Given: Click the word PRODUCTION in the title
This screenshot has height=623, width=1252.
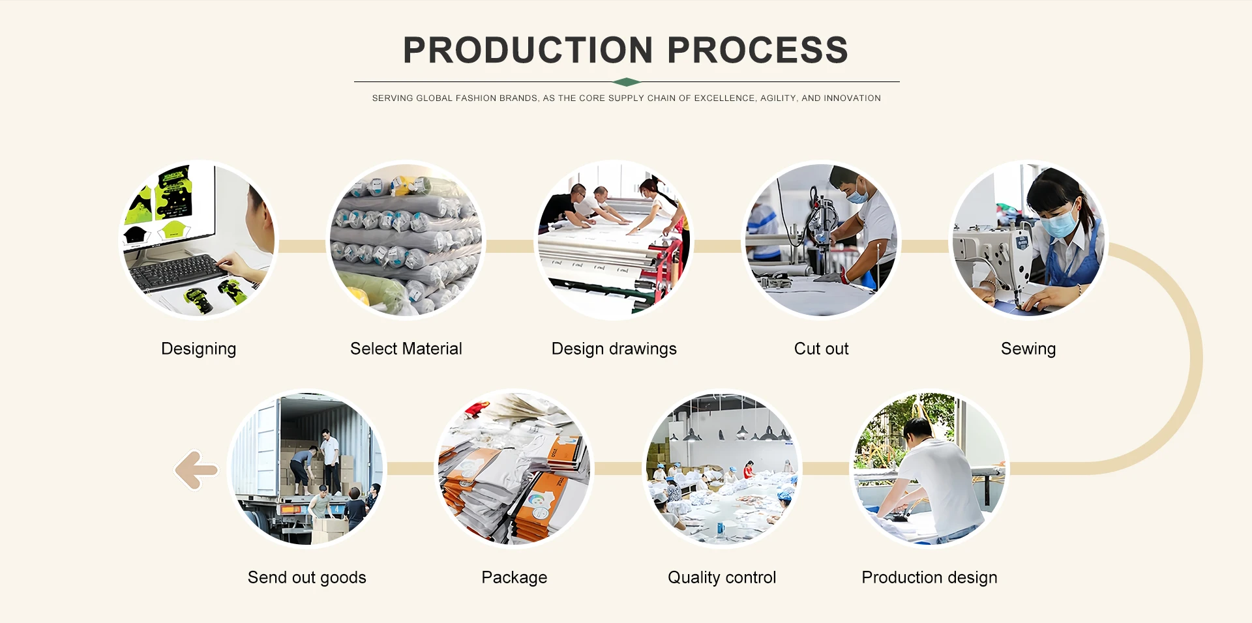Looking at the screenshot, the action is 528,50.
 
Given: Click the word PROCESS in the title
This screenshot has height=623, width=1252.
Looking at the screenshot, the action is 758,50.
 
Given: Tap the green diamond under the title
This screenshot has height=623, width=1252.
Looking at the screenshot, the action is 627,82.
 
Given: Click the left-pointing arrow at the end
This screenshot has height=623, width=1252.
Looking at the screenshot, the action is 196,470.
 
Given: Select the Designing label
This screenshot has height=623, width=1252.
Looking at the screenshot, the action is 199,349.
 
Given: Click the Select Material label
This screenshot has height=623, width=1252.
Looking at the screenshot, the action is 406,349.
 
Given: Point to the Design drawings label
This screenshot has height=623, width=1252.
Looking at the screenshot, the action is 614,349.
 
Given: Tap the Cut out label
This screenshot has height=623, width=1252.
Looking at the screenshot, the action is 822,349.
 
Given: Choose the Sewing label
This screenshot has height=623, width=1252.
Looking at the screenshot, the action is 1028,349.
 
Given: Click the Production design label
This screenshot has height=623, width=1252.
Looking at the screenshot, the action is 929,578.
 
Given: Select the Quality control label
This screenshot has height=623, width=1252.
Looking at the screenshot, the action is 722,578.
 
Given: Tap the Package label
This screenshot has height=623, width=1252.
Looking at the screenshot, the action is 514,578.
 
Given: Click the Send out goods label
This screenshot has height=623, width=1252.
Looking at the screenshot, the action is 307,578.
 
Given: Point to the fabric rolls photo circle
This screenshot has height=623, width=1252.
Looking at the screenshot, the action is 406,240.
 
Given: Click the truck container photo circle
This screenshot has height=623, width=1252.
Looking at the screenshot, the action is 307,469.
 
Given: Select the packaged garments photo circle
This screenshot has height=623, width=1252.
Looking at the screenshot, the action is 514,469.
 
